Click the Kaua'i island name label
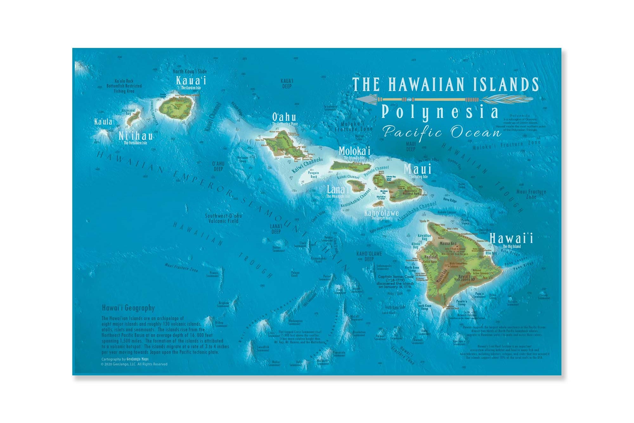[191, 80]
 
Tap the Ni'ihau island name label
[136, 136]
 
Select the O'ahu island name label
[284, 117]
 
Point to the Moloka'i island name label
[354, 151]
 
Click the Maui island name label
[417, 169]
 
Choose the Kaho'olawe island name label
[381, 213]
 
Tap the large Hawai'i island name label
[511, 238]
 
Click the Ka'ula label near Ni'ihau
[103, 122]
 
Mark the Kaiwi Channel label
[306, 165]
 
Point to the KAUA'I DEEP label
[287, 83]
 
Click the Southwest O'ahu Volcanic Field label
[223, 218]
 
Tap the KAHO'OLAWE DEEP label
[369, 256]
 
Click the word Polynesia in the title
[440, 112]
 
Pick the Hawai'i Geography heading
[128, 308]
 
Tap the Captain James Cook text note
[396, 281]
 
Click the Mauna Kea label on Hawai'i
[448, 244]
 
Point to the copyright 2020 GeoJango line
[134, 364]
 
